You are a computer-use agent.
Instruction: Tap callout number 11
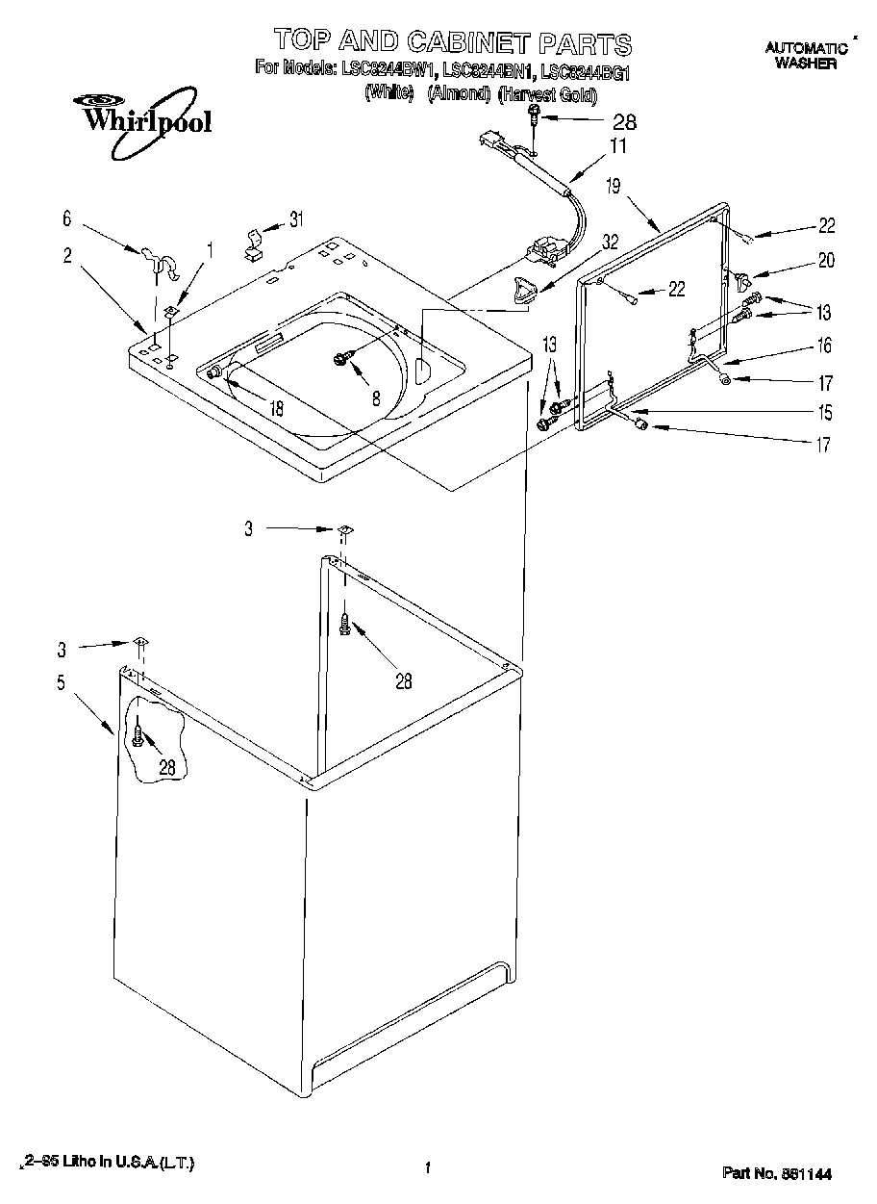coord(616,146)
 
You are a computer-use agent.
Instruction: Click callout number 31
coord(296,219)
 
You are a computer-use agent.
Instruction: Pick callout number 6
coord(66,219)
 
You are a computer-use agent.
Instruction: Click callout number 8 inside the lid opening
coord(376,397)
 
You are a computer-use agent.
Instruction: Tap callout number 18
coord(276,408)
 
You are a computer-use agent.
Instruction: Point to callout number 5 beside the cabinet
coord(62,683)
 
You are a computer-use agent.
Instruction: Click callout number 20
coord(826,260)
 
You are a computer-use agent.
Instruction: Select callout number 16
coord(824,346)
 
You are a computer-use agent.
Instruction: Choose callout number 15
coord(824,414)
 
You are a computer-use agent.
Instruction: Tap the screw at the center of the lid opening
coord(341,359)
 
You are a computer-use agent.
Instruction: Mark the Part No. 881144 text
coord(776,1173)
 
